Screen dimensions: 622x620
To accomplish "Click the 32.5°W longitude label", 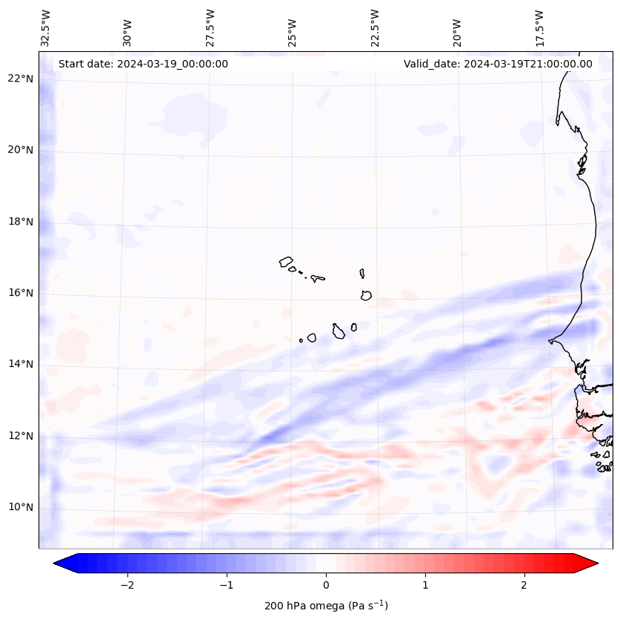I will pos(46,28).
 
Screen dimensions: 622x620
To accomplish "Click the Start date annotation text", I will pos(143,64).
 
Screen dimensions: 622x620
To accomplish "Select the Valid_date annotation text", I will pos(498,64).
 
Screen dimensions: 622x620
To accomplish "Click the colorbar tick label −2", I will pos(127,585).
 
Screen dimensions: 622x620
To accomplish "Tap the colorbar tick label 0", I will pos(326,585).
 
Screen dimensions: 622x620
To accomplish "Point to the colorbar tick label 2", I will pos(524,585).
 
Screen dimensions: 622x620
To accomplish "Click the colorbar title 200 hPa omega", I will pos(326,606).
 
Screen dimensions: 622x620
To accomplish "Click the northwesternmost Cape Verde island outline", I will pos(286,262).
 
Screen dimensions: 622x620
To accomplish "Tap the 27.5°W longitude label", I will pos(210,28).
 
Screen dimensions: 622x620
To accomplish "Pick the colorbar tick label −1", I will pos(226,585).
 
